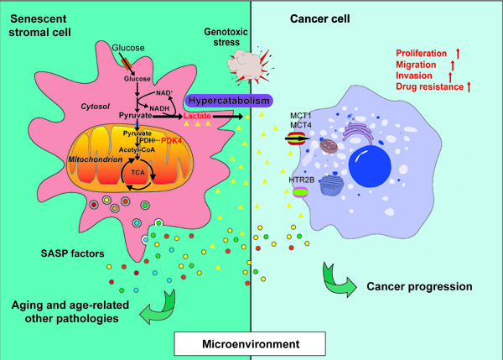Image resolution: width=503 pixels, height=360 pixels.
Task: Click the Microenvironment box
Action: coord(251,344)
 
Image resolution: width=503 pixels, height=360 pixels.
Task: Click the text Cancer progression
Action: coord(419,286)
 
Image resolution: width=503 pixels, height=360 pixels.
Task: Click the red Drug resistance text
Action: coord(428,86)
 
